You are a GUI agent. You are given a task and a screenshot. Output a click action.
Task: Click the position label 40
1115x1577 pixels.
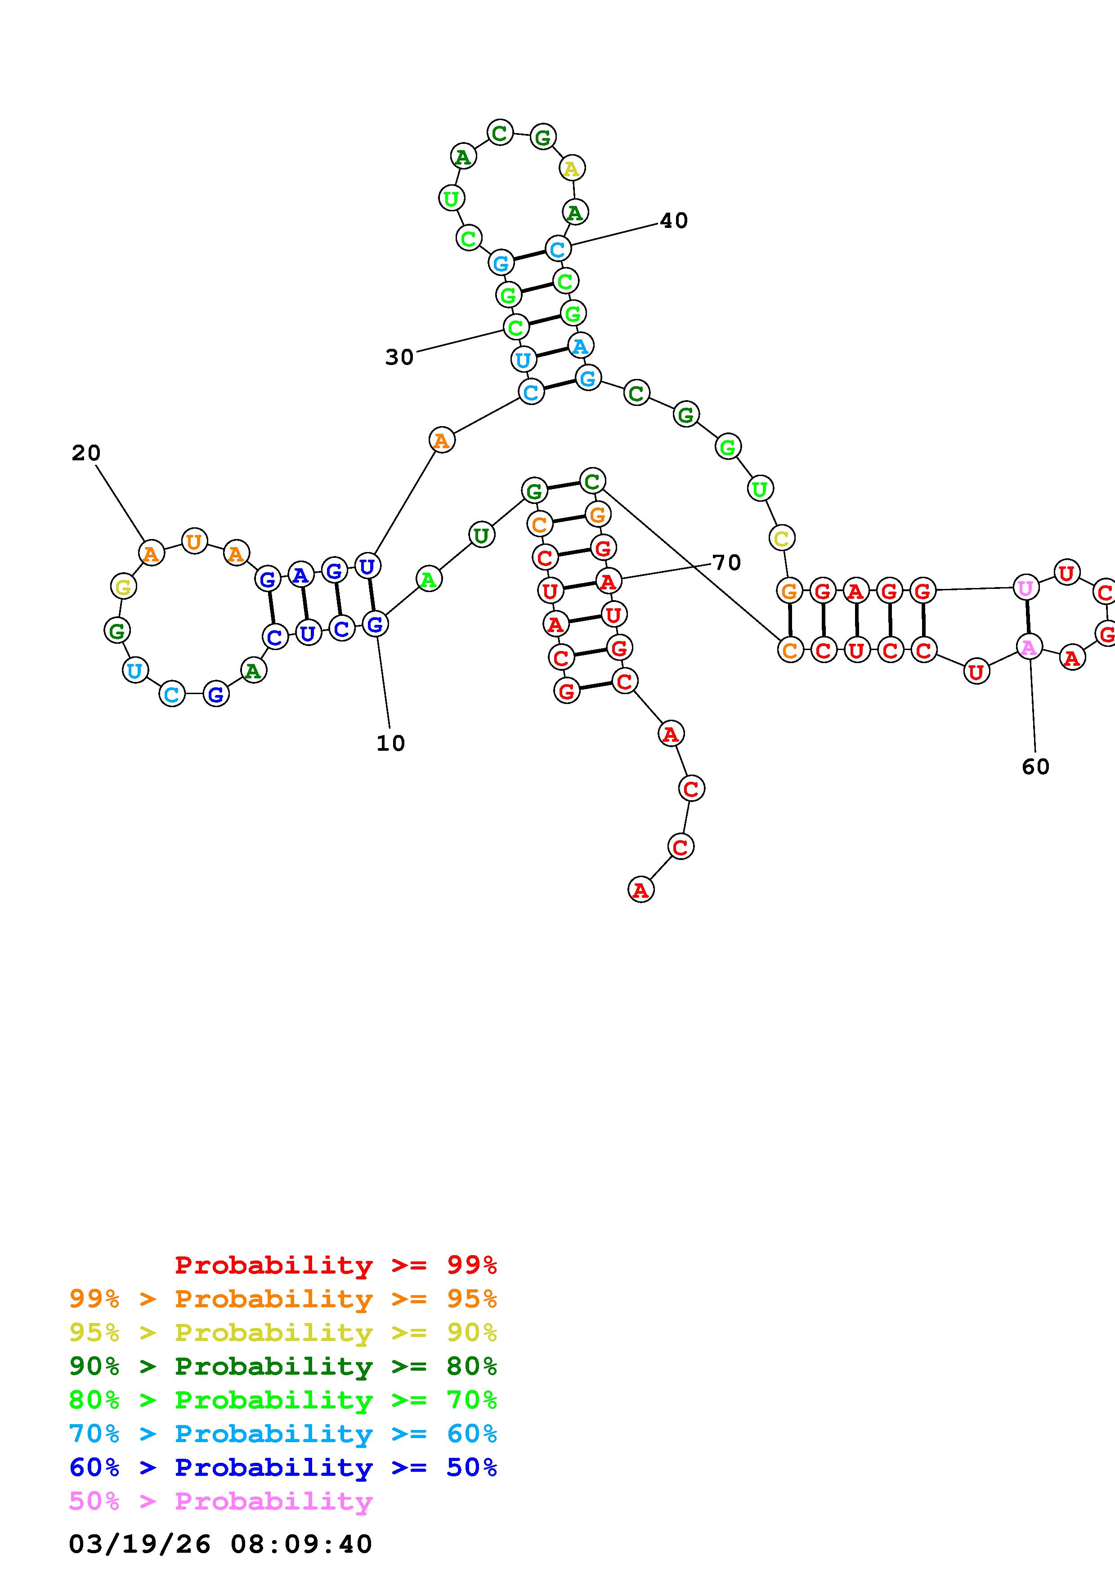(673, 220)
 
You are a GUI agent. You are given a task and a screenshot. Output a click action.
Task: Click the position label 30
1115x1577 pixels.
(399, 357)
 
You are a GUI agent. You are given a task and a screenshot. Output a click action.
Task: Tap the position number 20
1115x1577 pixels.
(86, 453)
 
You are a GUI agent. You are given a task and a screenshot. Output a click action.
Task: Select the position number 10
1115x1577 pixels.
(390, 743)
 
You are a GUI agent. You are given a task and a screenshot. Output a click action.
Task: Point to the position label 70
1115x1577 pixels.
(726, 562)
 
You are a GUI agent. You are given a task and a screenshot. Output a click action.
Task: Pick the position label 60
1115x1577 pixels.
(1035, 766)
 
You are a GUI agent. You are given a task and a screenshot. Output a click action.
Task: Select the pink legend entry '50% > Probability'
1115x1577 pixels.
(220, 1501)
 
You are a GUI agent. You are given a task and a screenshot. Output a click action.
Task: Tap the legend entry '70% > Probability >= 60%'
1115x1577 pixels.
(283, 1434)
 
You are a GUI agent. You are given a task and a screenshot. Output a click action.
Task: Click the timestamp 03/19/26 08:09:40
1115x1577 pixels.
(220, 1543)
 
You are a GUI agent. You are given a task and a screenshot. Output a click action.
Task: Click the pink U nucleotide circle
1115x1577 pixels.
(1025, 588)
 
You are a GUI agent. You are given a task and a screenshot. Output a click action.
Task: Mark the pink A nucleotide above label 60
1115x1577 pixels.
(1029, 647)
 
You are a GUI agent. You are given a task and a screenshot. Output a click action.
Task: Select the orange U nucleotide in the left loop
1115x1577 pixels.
(194, 541)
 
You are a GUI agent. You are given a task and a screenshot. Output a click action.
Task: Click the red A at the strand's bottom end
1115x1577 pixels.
(640, 890)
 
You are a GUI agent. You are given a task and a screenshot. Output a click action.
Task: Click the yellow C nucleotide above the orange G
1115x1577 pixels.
(781, 538)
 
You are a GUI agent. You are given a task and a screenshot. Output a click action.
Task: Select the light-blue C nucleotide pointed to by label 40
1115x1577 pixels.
(557, 248)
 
